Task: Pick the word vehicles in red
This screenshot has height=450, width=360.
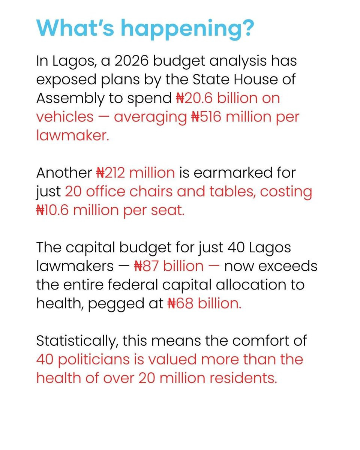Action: tap(64, 117)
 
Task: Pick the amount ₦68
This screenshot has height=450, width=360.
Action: tap(179, 303)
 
